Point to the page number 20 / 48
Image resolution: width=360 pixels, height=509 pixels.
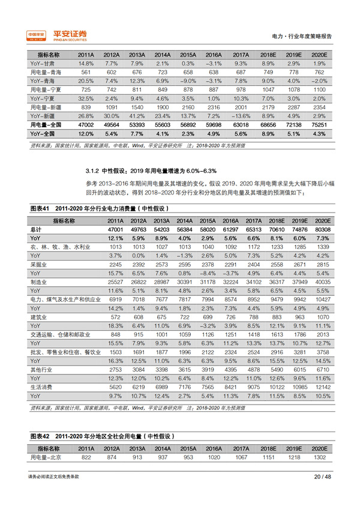click(x=322, y=477)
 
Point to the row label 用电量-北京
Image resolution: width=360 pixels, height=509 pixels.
click(x=47, y=457)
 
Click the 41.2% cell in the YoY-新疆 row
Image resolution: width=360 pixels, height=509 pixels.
click(x=137, y=114)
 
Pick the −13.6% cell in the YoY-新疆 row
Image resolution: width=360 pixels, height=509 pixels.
click(x=241, y=114)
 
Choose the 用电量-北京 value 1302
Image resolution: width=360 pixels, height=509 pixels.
click(x=319, y=457)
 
